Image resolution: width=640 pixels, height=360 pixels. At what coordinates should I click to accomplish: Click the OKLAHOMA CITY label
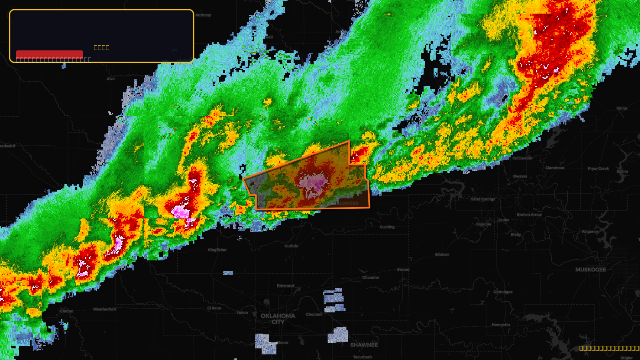pyautogui.click(x=278, y=319)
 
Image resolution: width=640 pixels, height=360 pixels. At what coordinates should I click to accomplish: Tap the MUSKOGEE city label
pyautogui.click(x=590, y=270)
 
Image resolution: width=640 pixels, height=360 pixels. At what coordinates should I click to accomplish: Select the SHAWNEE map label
pyautogui.click(x=364, y=345)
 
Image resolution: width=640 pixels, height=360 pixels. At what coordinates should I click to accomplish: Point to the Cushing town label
pyautogui.click(x=387, y=227)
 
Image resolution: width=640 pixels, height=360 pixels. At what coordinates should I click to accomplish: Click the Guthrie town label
pyautogui.click(x=291, y=246)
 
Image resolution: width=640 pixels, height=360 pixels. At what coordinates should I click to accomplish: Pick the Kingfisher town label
pyautogui.click(x=217, y=250)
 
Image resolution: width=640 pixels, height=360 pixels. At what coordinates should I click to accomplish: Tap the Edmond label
pyautogui.click(x=285, y=286)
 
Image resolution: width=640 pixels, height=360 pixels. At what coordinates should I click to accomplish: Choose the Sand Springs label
pyautogui.click(x=483, y=199)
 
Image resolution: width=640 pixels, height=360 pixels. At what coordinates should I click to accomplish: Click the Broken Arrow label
pyautogui.click(x=529, y=214)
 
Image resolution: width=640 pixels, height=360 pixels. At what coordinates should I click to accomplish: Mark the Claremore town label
pyautogui.click(x=555, y=168)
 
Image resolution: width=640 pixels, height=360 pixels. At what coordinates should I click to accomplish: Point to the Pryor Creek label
pyautogui.click(x=598, y=168)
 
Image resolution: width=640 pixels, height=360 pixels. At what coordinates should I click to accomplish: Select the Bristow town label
pyautogui.click(x=442, y=254)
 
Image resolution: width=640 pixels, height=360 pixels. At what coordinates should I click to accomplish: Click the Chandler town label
pyautogui.click(x=371, y=277)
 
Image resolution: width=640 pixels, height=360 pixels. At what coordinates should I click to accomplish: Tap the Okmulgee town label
pyautogui.click(x=503, y=292)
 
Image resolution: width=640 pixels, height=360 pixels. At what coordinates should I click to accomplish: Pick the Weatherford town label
pyautogui.click(x=104, y=309)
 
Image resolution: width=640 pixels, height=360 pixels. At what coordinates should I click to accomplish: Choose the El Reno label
pyautogui.click(x=214, y=308)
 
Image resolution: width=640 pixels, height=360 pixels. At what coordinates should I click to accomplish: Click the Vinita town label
pyautogui.click(x=622, y=108)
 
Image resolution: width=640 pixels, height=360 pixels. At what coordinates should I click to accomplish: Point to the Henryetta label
pyautogui.click(x=501, y=324)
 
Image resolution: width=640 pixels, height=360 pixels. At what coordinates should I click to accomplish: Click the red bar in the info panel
pyautogui.click(x=50, y=54)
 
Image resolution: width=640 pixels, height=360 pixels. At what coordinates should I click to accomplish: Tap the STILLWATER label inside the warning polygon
pyautogui.click(x=344, y=203)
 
